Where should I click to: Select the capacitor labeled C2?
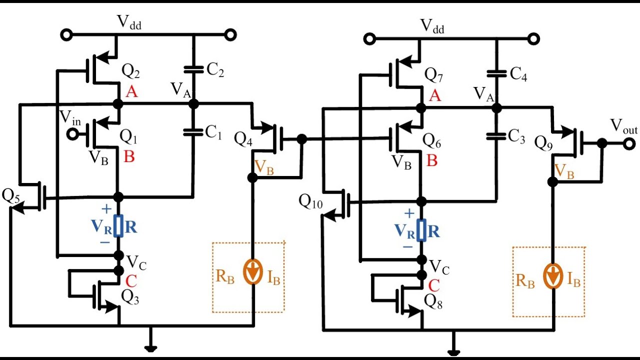[192, 69]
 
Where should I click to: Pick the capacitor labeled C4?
[496, 74]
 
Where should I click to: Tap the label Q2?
[131, 73]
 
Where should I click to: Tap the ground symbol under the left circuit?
[148, 348]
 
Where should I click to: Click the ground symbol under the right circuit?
[453, 351]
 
